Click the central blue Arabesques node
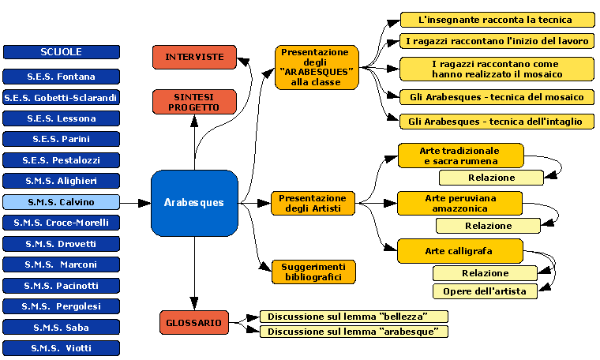click(x=194, y=203)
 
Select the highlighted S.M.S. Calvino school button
click(x=62, y=202)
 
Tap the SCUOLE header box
click(x=62, y=52)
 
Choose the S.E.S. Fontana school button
click(x=62, y=77)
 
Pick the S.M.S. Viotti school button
click(x=62, y=347)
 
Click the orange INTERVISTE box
click(x=194, y=57)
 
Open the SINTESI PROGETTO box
click(x=194, y=101)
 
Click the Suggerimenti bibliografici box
click(x=313, y=272)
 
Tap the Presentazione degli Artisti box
click(x=313, y=203)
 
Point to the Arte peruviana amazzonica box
click(x=460, y=203)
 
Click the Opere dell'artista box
click(x=485, y=291)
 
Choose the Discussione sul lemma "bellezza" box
click(x=354, y=317)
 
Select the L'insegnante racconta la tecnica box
click(x=497, y=20)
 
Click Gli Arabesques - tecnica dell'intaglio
click(x=497, y=122)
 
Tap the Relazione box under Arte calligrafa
click(x=485, y=273)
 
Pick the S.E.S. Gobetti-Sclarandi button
click(x=62, y=98)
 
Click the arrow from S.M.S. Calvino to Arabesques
click(x=135, y=203)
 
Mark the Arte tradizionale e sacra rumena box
click(x=460, y=156)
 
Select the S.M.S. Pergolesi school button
click(x=62, y=306)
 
